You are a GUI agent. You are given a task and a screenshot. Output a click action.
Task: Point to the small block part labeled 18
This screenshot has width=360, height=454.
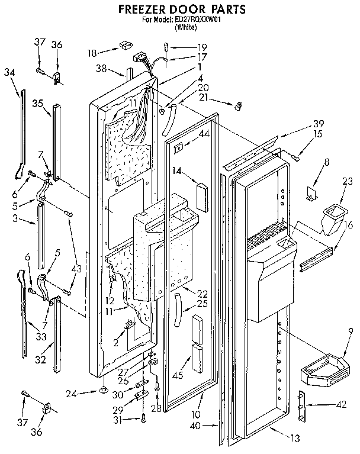(x=125, y=44)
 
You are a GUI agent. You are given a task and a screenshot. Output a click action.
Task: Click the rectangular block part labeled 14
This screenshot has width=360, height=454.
(x=201, y=196)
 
